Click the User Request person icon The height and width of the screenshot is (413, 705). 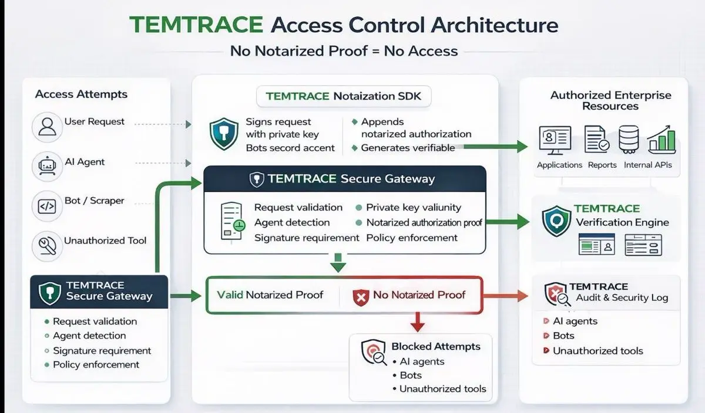click(x=46, y=126)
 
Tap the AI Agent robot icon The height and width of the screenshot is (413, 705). click(x=46, y=166)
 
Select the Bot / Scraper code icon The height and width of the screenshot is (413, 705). click(x=46, y=206)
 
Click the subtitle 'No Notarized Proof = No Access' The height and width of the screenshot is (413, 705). click(x=344, y=50)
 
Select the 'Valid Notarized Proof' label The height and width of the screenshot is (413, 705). click(x=270, y=294)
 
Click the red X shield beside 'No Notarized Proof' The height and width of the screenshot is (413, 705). click(x=360, y=296)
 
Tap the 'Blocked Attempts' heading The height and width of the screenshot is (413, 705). click(x=435, y=346)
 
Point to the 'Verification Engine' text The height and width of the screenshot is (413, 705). click(x=622, y=222)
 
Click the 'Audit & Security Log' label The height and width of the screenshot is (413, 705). click(x=622, y=297)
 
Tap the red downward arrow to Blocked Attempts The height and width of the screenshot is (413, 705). click(x=417, y=321)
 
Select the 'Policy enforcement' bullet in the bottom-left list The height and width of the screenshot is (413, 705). click(x=96, y=364)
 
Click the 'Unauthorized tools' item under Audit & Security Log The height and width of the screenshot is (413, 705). click(x=597, y=351)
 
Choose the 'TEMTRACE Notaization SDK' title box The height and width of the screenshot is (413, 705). click(x=344, y=96)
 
